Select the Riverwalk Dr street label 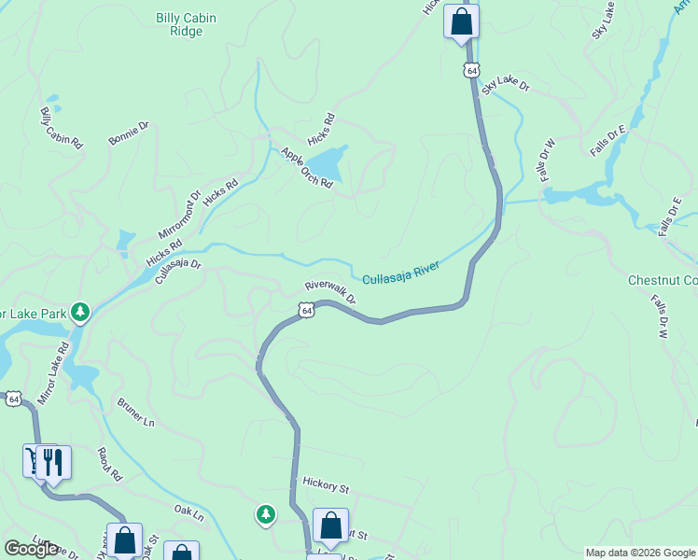point(330,291)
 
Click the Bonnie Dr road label point(128,133)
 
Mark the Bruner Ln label point(135,413)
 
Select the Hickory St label point(325,486)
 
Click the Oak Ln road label point(188,512)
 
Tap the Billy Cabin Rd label point(62,129)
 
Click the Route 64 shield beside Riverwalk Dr point(306,310)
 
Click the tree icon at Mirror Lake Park point(81,311)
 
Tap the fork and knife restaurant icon point(54,463)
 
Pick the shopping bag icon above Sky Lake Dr point(461,21)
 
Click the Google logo point(31,549)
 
